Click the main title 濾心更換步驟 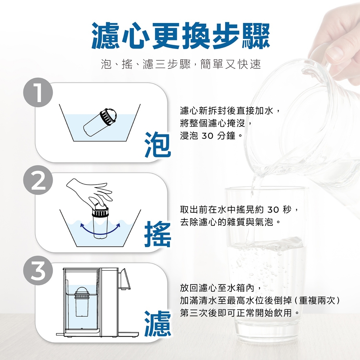[x=181, y=36]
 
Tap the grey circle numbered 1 [x=38, y=92]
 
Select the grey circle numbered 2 [x=38, y=180]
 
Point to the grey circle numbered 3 [x=38, y=270]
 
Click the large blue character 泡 [x=158, y=144]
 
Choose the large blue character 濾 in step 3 [x=158, y=323]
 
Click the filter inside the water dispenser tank [x=82, y=301]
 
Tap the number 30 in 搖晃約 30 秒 [x=273, y=210]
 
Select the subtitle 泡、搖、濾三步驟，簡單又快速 [x=181, y=64]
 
